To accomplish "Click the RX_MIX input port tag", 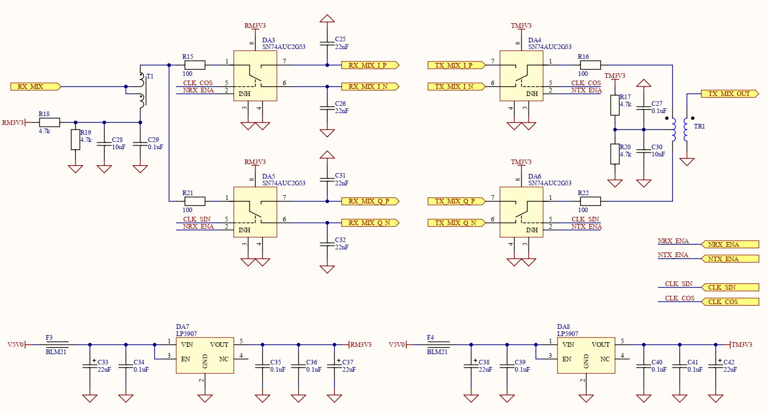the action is point(36,87).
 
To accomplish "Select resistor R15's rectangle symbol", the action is point(195,65).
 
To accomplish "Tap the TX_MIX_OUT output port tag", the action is point(730,94).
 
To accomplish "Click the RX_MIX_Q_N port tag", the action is point(370,223).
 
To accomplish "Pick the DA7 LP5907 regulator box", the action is point(205,356).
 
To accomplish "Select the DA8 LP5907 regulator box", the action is point(586,356).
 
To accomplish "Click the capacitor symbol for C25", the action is point(327,43).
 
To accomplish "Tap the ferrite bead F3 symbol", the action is point(57,344).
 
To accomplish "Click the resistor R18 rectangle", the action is point(50,122).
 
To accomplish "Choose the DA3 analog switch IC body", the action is point(255,76).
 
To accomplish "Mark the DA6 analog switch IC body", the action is point(521,212).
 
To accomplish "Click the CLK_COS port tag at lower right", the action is point(730,301).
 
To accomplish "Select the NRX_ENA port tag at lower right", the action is point(730,245).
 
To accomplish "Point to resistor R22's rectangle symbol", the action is point(590,201).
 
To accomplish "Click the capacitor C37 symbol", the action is point(334,366).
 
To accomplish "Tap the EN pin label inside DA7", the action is point(186,359).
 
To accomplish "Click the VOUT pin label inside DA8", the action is point(601,344).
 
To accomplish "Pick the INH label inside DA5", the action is point(244,230).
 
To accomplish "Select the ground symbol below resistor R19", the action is point(75,169).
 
